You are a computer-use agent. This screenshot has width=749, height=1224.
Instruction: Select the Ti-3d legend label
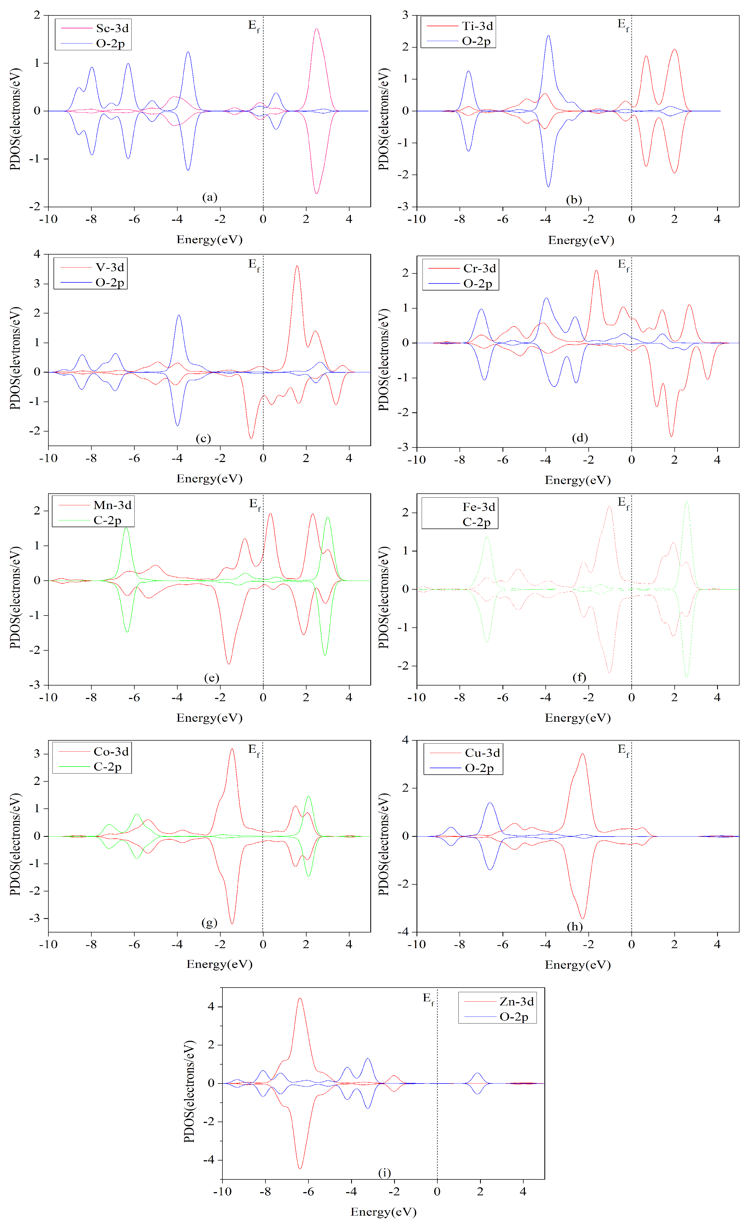pyautogui.click(x=477, y=26)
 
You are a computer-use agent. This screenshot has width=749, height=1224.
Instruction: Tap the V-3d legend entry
pyautogui.click(x=110, y=267)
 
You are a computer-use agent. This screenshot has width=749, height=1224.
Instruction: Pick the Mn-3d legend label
pyautogui.click(x=112, y=505)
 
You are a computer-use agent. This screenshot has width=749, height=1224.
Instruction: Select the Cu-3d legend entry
pyautogui.click(x=482, y=753)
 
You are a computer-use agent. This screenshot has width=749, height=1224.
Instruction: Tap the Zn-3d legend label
pyautogui.click(x=516, y=1001)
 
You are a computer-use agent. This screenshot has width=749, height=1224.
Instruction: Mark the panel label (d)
pyautogui.click(x=580, y=438)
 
